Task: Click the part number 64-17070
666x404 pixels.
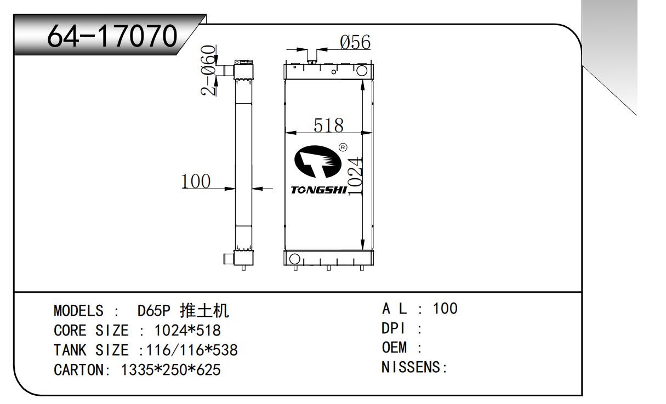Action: click(113, 37)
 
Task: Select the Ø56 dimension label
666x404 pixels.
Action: click(355, 43)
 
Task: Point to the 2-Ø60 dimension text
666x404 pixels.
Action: click(208, 70)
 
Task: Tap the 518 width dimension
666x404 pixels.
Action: click(328, 126)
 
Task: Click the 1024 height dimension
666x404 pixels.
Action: click(356, 177)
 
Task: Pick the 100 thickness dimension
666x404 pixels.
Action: click(196, 181)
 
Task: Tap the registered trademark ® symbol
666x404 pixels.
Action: click(343, 147)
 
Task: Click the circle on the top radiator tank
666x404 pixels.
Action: click(362, 71)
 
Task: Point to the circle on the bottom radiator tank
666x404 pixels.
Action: click(294, 259)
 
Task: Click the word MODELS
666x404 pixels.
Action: click(78, 311)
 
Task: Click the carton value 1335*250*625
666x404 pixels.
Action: click(170, 370)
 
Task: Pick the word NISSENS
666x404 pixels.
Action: click(411, 367)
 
